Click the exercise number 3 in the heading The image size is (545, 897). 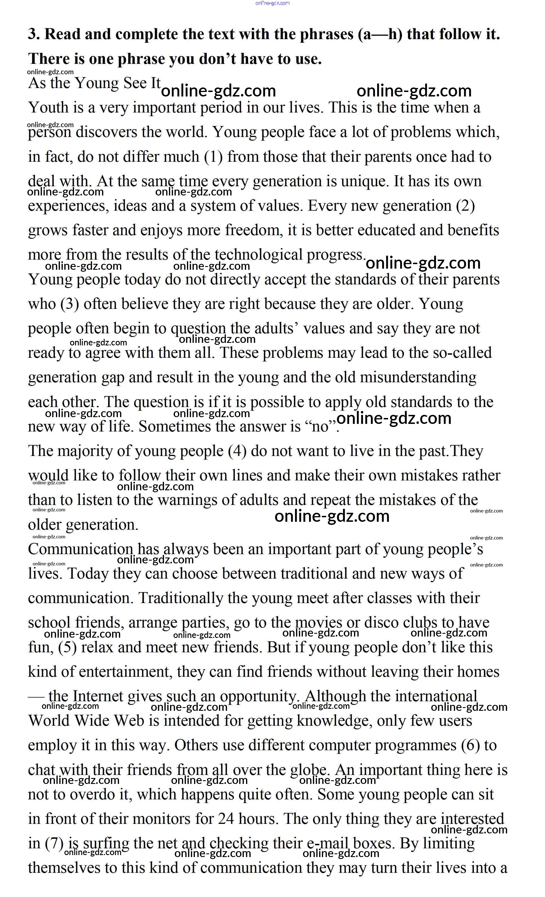coord(34,34)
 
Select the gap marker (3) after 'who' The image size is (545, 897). coord(69,304)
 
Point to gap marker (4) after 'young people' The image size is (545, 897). coord(237,451)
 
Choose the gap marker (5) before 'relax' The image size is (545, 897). coord(67,647)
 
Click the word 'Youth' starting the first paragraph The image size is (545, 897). coord(47,108)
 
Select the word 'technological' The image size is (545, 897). coord(258,255)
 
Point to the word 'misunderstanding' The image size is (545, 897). coord(418,377)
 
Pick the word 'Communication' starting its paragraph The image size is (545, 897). coord(80,549)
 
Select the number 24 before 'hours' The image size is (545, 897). coord(226,819)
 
